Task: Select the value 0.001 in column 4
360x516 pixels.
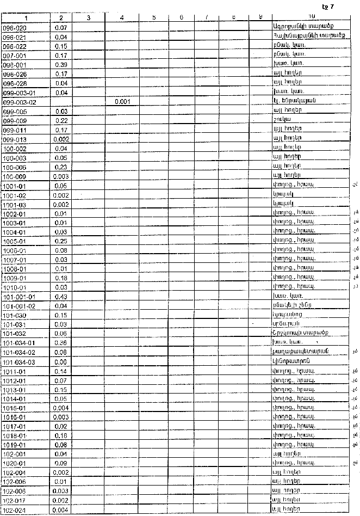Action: pyautogui.click(x=122, y=102)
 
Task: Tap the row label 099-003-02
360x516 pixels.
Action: pyautogui.click(x=19, y=102)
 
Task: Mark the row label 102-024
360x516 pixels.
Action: pyautogui.click(x=15, y=510)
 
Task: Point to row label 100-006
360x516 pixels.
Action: pyautogui.click(x=15, y=167)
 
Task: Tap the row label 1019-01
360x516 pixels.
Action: pyautogui.click(x=15, y=445)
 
